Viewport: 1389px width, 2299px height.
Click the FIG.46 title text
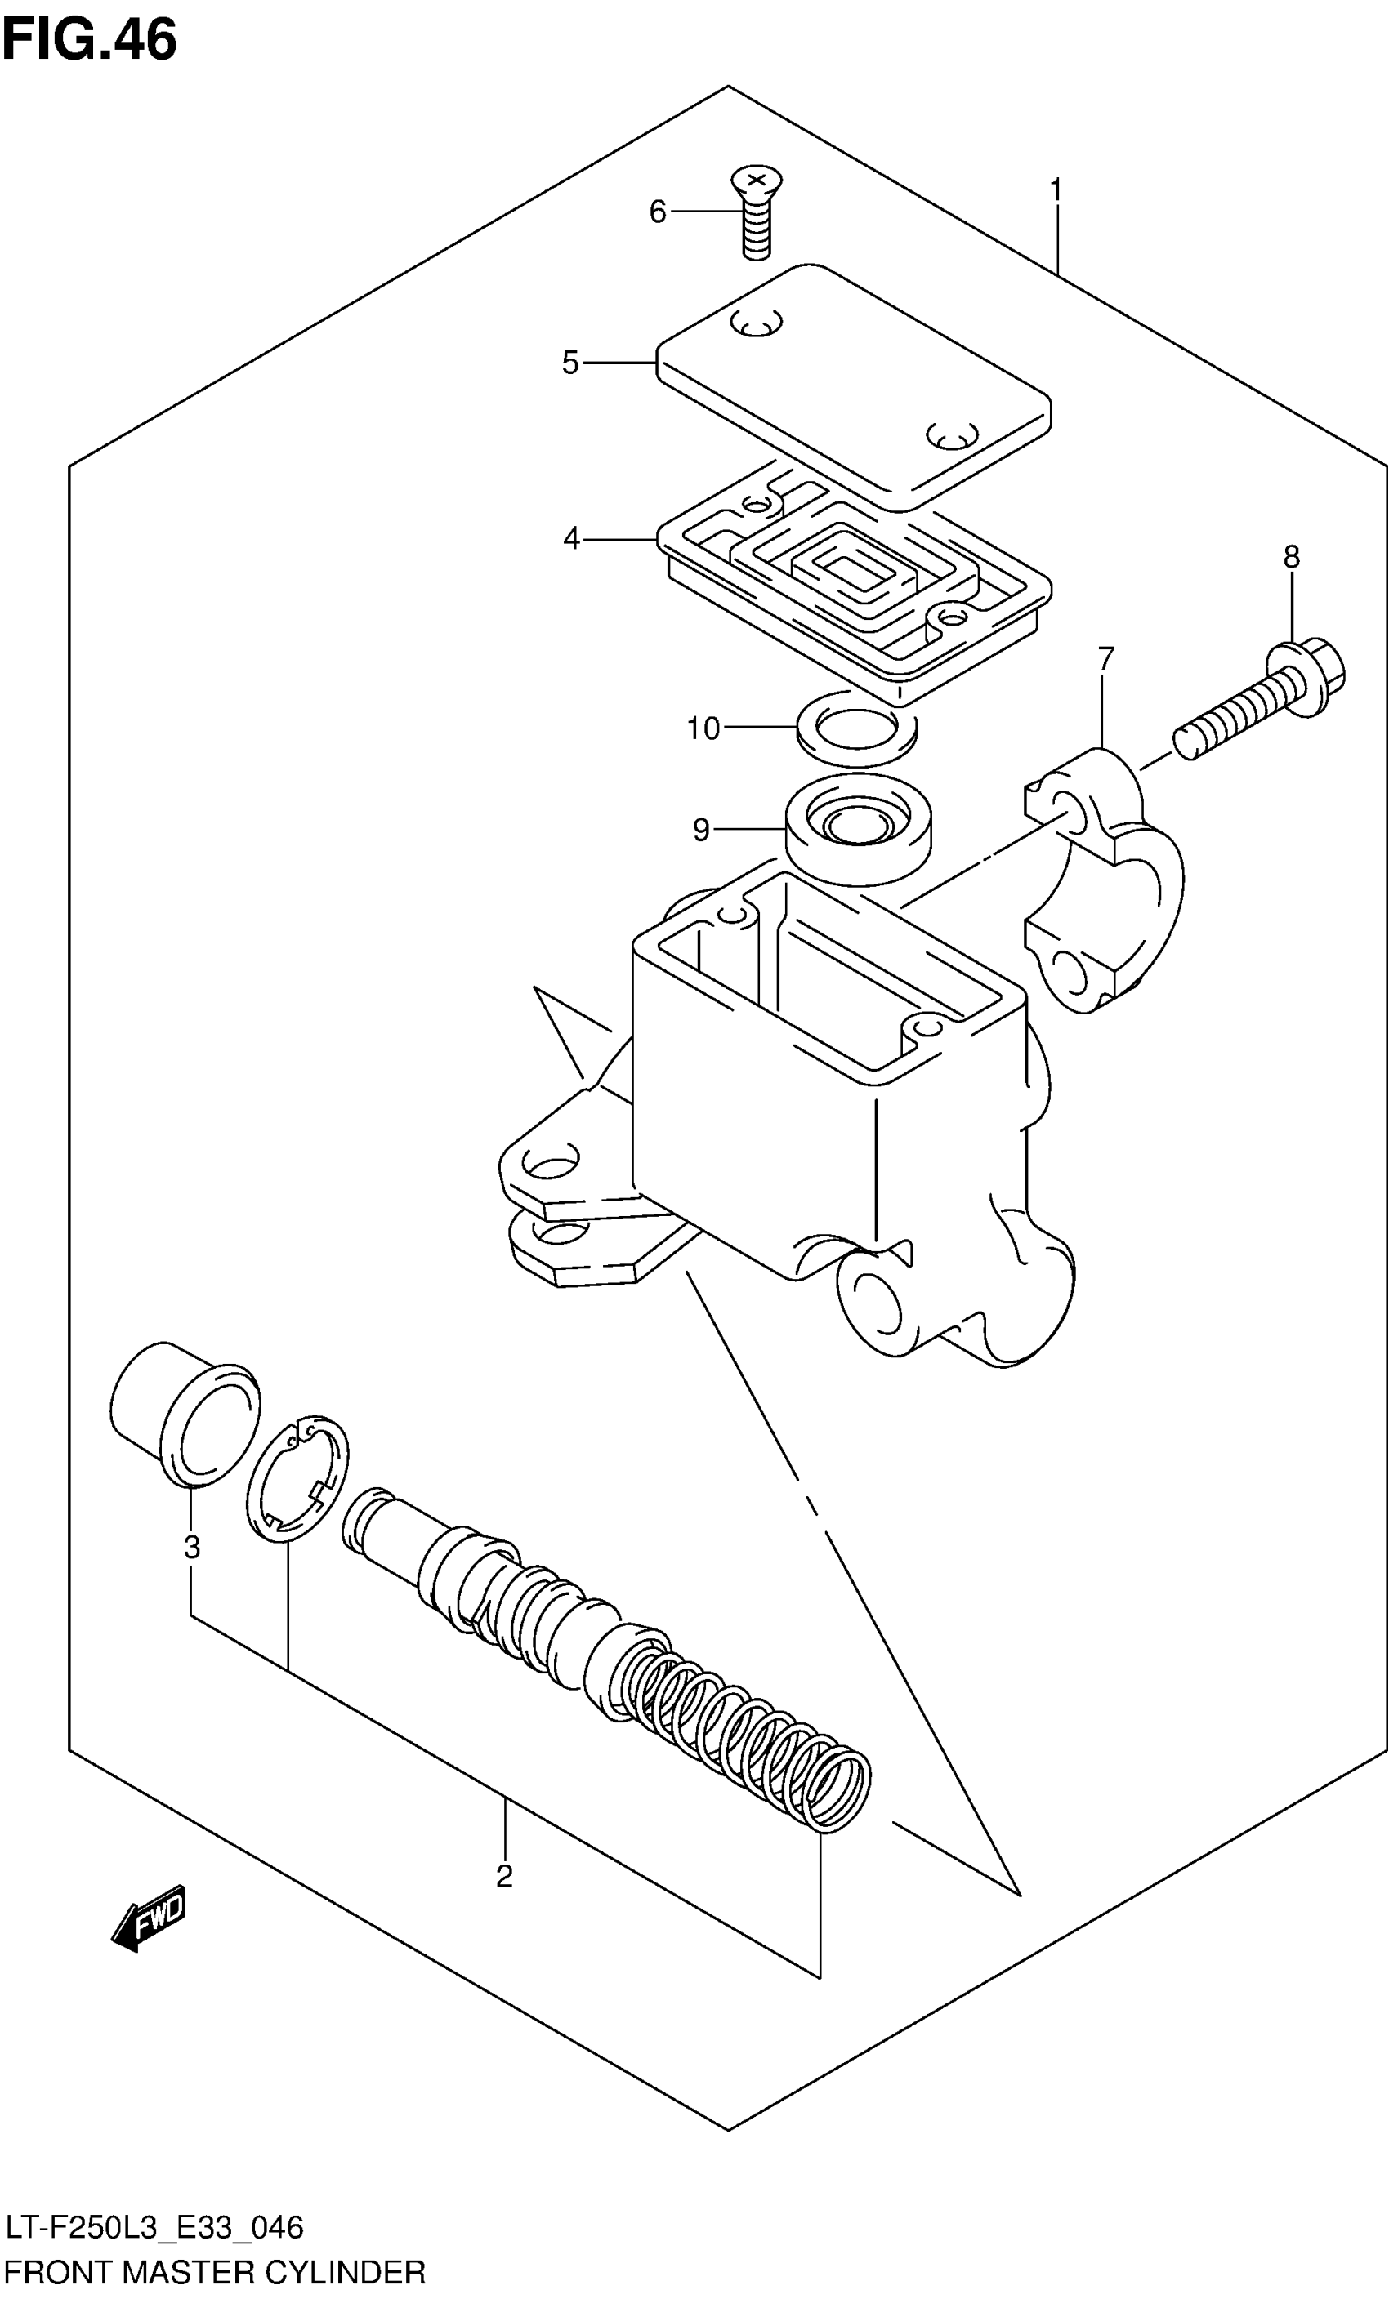click(90, 41)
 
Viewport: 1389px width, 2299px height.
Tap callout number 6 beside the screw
click(657, 212)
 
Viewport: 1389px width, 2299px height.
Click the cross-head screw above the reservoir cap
click(756, 212)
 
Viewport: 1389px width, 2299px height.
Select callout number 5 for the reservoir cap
click(570, 363)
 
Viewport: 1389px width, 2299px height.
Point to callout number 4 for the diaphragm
click(571, 538)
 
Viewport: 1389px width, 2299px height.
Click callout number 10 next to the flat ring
click(703, 728)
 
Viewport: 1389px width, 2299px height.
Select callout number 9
click(701, 830)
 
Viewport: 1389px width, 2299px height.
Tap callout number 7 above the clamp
click(1106, 659)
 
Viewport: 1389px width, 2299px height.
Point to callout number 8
click(1291, 557)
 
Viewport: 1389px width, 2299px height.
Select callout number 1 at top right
click(1056, 190)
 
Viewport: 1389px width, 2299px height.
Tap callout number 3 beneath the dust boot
click(191, 1548)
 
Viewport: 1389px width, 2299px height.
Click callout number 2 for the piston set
click(504, 1876)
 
